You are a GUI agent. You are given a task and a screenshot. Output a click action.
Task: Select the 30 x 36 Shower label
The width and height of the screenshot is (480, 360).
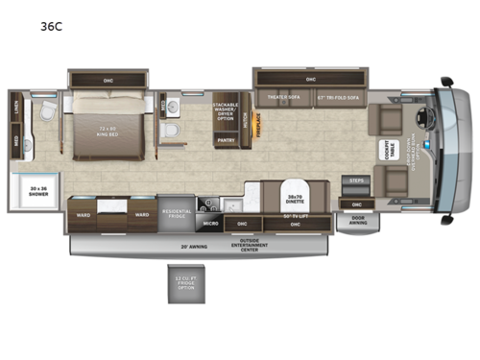[37, 189]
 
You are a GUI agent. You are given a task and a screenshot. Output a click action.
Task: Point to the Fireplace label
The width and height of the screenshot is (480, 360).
[255, 131]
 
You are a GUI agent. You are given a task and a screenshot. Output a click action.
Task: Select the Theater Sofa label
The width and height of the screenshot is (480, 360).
[283, 97]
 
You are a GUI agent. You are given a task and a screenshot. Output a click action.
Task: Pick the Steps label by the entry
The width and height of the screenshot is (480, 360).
[356, 180]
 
